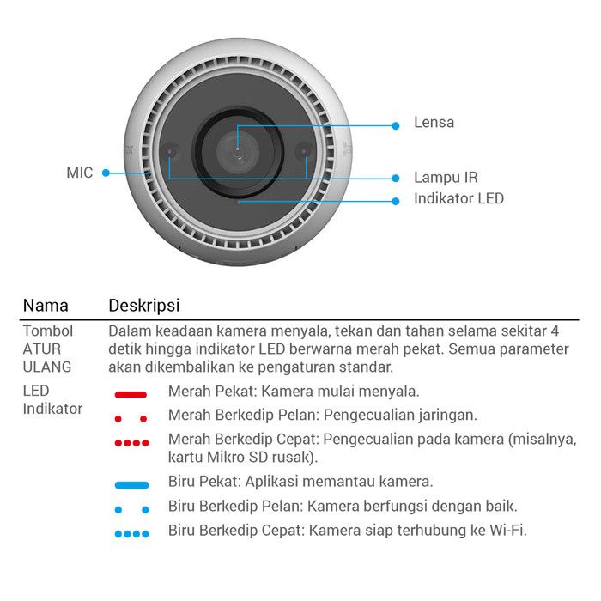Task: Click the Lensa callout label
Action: pyautogui.click(x=434, y=123)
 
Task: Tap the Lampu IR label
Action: pyautogui.click(x=446, y=178)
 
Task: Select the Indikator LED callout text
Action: pyautogui.click(x=458, y=199)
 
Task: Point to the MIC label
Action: pyautogui.click(x=79, y=173)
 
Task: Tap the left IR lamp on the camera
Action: pyautogui.click(x=172, y=152)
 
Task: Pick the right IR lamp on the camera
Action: pyautogui.click(x=303, y=152)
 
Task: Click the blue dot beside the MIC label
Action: pyautogui.click(x=106, y=173)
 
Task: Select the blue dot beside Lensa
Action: pyautogui.click(x=396, y=124)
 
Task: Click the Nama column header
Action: pyautogui.click(x=46, y=306)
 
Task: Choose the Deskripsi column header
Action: pyautogui.click(x=143, y=306)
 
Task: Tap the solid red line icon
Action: pyautogui.click(x=131, y=393)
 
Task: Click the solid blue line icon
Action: pyautogui.click(x=131, y=484)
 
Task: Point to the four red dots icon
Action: pyautogui.click(x=131, y=443)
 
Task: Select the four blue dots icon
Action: pyautogui.click(x=131, y=533)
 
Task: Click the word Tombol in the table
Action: pyautogui.click(x=48, y=331)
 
